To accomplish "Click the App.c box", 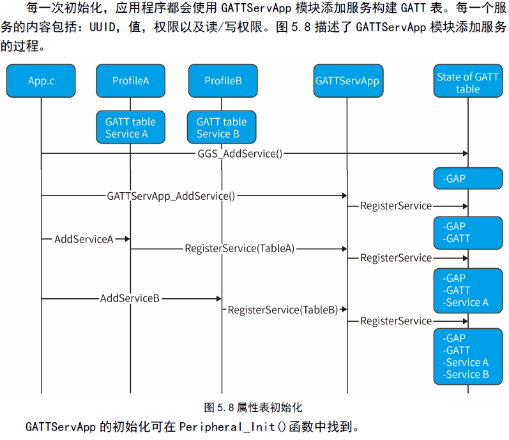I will pyautogui.click(x=41, y=80).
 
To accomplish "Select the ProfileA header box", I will pyautogui.click(x=130, y=80).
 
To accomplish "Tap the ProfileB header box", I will pyautogui.click(x=222, y=80).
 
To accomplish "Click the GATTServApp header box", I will pyautogui.click(x=347, y=80).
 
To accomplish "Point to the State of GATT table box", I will pyautogui.click(x=467, y=82).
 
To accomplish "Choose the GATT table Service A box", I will pyautogui.click(x=130, y=127).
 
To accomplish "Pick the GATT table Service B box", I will pyautogui.click(x=222, y=127).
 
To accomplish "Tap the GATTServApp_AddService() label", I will pyautogui.click(x=171, y=196).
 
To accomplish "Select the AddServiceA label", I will pyautogui.click(x=84, y=239).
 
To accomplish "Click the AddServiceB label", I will pyautogui.click(x=130, y=298).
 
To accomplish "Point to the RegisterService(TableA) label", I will pyautogui.click(x=239, y=248).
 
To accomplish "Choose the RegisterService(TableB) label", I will pyautogui.click(x=283, y=310).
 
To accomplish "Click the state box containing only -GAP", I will pyautogui.click(x=467, y=179).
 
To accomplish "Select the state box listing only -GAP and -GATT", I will pyautogui.click(x=467, y=232).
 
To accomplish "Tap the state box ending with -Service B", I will pyautogui.click(x=467, y=356).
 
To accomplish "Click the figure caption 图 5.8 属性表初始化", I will pyautogui.click(x=253, y=407).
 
